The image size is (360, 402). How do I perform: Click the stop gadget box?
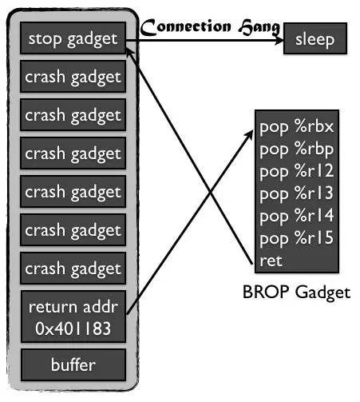point(73,38)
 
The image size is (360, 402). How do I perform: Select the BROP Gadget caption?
point(296,293)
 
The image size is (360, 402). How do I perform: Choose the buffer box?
point(73,365)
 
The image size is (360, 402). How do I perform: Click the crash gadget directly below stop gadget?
point(73,77)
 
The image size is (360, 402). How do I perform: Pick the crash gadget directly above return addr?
point(73,269)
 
